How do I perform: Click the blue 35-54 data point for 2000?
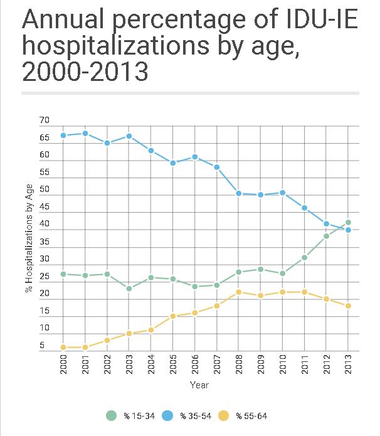[63, 136]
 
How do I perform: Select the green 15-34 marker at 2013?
[348, 222]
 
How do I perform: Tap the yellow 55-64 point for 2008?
[238, 292]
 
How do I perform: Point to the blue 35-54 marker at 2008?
[238, 193]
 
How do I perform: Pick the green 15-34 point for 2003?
[129, 289]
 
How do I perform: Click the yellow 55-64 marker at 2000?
[63, 347]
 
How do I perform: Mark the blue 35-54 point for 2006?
[194, 157]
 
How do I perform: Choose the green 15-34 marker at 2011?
[304, 257]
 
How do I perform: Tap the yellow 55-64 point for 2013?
[348, 306]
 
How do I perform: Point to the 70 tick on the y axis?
[44, 120]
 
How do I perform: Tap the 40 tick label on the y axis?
[44, 224]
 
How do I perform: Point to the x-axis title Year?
[199, 385]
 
